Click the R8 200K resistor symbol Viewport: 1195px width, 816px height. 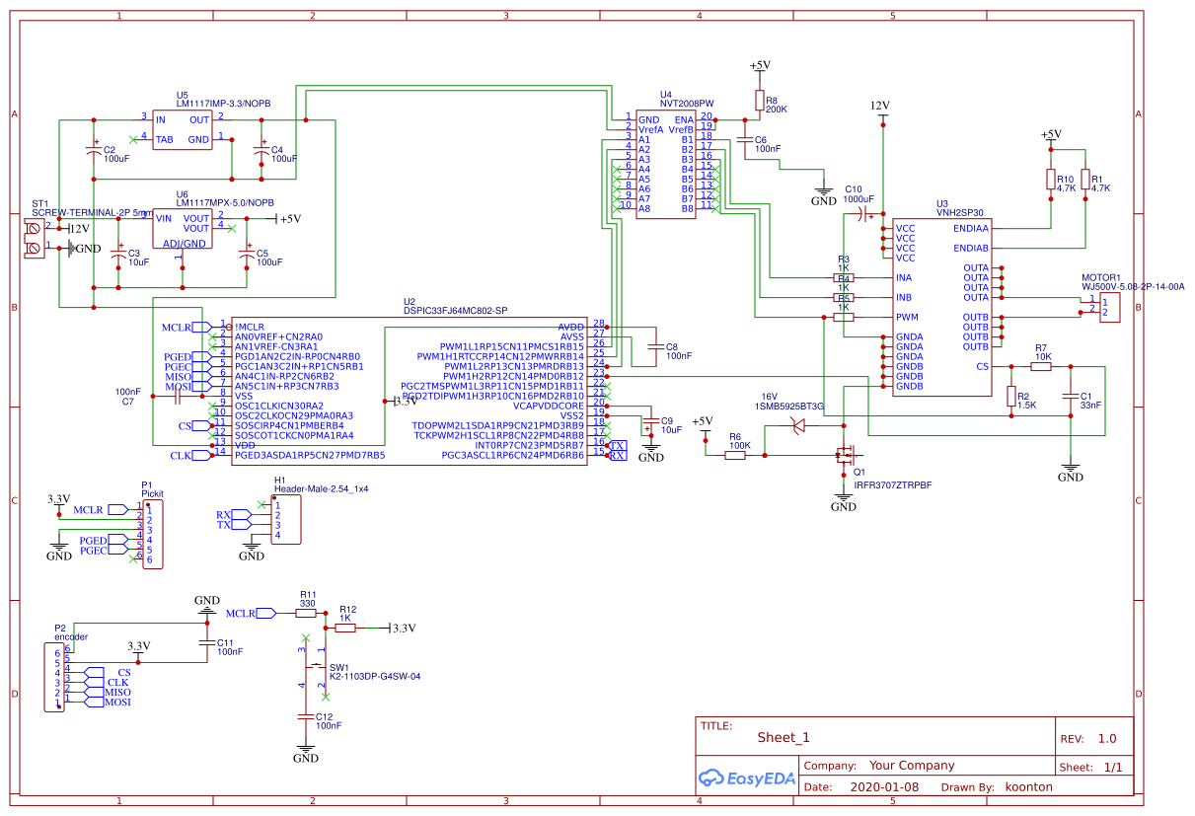click(759, 100)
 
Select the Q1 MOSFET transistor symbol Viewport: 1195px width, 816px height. click(844, 455)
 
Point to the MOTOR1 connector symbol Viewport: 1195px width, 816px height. click(1109, 307)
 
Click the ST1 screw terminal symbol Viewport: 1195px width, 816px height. click(35, 238)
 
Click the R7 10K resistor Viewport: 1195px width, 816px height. click(1041, 366)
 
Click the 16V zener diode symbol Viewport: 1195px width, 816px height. click(798, 425)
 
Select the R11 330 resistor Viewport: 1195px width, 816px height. click(307, 613)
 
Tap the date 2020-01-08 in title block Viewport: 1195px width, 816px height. click(883, 787)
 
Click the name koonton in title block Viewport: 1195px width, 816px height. click(1028, 787)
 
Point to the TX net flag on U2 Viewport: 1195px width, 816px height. click(618, 445)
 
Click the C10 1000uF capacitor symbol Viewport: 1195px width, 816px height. click(864, 213)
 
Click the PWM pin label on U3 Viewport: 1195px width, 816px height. click(908, 317)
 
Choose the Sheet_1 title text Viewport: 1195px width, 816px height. click(784, 737)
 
